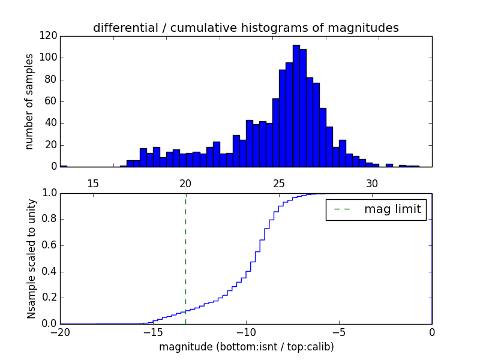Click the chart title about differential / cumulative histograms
pos(245,28)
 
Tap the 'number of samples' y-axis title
pos(29,101)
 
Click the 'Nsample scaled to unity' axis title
pos(31,259)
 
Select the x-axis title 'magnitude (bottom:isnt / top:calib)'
pos(246,347)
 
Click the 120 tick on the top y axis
pos(49,36)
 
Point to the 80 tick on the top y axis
pos(52,80)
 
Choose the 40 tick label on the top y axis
pos(52,123)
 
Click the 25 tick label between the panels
pos(279,183)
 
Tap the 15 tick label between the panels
pos(93,183)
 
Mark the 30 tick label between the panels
pos(372,183)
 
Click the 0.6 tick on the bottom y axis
pos(49,245)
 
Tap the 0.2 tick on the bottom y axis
pos(49,298)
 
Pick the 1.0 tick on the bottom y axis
pos(49,193)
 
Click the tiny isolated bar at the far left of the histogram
pos(64,166)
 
